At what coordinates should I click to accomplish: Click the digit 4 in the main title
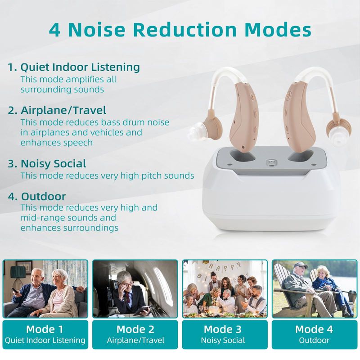pyautogui.click(x=54, y=30)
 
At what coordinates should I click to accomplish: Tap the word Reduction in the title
pyautogui.click(x=185, y=30)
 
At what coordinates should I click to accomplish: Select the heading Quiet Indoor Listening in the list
pyautogui.click(x=80, y=67)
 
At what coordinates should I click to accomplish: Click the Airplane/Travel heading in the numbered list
pyautogui.click(x=63, y=110)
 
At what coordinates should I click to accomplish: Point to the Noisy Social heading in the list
pyautogui.click(x=53, y=164)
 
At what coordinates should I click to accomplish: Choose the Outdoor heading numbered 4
pyautogui.click(x=43, y=197)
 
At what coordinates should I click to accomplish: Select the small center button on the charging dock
pyautogui.click(x=271, y=163)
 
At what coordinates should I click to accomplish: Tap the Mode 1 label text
pyautogui.click(x=45, y=329)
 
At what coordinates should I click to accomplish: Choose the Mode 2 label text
pyautogui.click(x=135, y=329)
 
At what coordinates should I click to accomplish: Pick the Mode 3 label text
pyautogui.click(x=223, y=329)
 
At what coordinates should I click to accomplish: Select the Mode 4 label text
pyautogui.click(x=314, y=329)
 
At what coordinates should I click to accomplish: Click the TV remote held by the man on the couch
pyautogui.click(x=15, y=290)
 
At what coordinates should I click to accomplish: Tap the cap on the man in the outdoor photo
pyautogui.click(x=301, y=265)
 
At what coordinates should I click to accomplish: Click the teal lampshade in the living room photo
pyautogui.click(x=18, y=272)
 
